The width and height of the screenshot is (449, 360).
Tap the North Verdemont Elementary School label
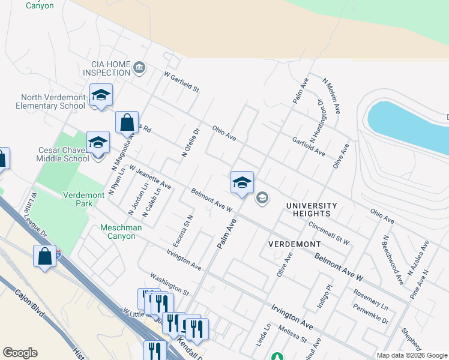53,101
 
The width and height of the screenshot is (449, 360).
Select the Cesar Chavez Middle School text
54,154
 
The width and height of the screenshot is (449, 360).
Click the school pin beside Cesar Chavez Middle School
98,143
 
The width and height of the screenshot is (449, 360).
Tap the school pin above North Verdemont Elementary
101,95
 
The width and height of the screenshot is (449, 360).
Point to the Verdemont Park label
78,199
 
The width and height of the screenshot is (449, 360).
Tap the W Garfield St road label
181,82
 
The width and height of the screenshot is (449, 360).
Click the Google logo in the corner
20,353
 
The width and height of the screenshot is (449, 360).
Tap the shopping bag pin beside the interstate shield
45,257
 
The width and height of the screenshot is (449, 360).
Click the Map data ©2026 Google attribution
411,355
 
